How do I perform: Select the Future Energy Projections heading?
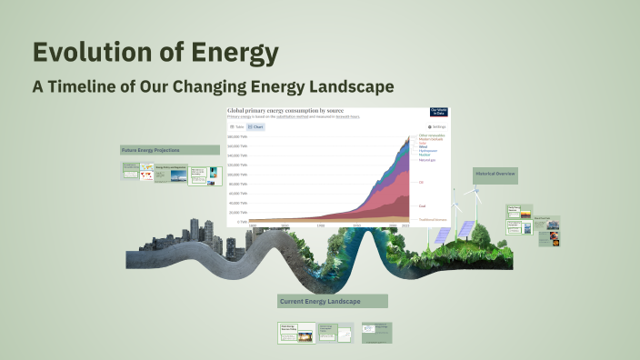tap(150, 150)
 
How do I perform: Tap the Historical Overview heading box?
tap(495, 173)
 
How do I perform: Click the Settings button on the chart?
tap(437, 126)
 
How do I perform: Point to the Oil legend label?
tap(421, 182)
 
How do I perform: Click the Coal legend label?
tap(422, 205)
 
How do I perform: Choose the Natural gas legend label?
tap(426, 160)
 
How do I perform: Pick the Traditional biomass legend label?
tap(431, 220)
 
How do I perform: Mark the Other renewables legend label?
tap(430, 135)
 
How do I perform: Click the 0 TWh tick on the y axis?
tap(242, 221)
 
